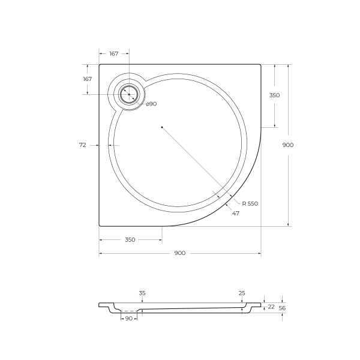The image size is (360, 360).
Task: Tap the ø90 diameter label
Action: coord(151,104)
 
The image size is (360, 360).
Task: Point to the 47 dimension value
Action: coord(236,213)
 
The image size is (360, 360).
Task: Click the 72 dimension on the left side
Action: coord(83,145)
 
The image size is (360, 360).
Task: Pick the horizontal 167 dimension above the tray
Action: coord(113,54)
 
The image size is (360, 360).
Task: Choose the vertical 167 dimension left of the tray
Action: coord(87,79)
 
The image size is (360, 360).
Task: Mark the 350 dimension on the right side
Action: coord(274,95)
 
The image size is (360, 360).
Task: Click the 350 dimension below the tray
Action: coord(130,239)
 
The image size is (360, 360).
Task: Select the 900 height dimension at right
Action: coord(288,145)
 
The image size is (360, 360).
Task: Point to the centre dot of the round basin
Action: coord(161,127)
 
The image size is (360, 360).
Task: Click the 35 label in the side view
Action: coord(142,293)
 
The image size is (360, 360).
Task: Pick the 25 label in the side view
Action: coord(242,293)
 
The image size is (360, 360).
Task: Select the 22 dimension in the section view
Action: coord(271,306)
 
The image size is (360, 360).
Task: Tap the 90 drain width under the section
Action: coord(128,318)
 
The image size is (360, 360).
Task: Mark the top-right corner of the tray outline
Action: coord(260,65)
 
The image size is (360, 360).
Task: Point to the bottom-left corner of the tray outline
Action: coord(100,226)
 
